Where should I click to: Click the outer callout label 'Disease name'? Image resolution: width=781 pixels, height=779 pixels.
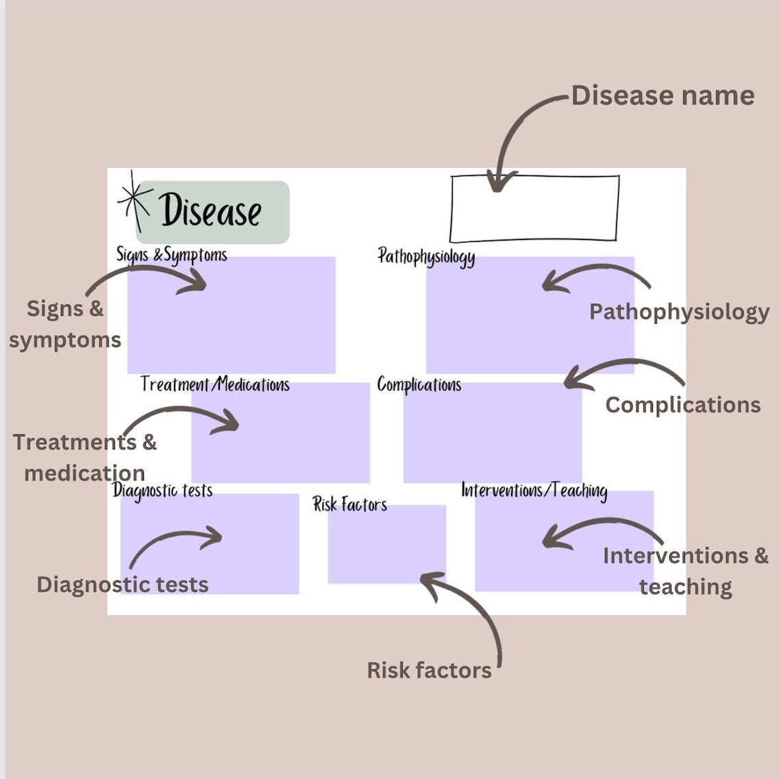(662, 96)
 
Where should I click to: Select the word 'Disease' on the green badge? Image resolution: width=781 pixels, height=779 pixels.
(211, 210)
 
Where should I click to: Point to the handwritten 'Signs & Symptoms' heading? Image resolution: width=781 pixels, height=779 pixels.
(171, 256)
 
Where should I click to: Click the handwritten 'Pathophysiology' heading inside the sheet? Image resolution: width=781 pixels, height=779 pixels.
(426, 257)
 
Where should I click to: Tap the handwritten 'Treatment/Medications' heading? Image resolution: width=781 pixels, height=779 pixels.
(215, 384)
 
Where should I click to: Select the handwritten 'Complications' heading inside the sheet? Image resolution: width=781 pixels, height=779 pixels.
(419, 385)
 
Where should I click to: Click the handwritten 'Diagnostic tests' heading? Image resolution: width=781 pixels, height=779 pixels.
(162, 491)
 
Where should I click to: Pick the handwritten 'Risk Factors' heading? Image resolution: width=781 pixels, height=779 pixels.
(350, 505)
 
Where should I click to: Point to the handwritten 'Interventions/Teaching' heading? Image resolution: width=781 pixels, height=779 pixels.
(534, 491)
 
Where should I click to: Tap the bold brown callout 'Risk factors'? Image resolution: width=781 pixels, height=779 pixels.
(429, 670)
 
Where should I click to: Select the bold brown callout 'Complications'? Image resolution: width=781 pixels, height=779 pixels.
(682, 405)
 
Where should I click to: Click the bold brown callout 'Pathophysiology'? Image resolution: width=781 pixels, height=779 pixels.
(679, 312)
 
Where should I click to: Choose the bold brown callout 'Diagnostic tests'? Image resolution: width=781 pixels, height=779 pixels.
(123, 584)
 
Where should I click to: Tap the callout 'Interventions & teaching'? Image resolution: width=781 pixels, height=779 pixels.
(685, 571)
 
